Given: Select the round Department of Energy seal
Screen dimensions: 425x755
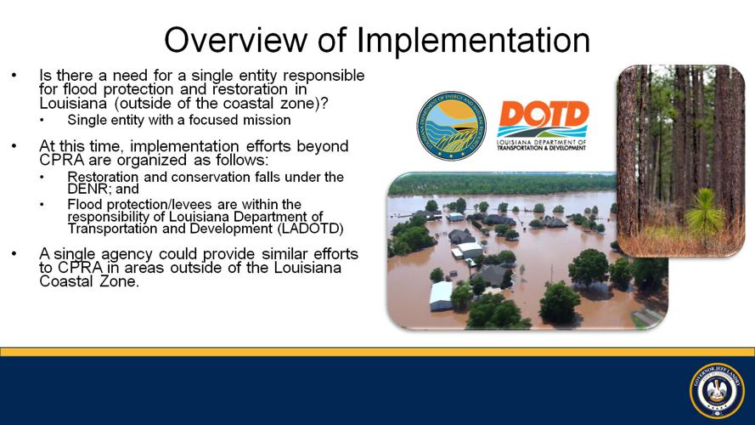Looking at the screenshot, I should (450, 126).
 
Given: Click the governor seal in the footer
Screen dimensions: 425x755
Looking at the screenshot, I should (717, 391).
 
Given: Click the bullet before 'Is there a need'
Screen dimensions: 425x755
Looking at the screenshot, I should (14, 76).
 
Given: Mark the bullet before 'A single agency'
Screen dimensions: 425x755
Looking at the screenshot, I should (14, 254).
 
